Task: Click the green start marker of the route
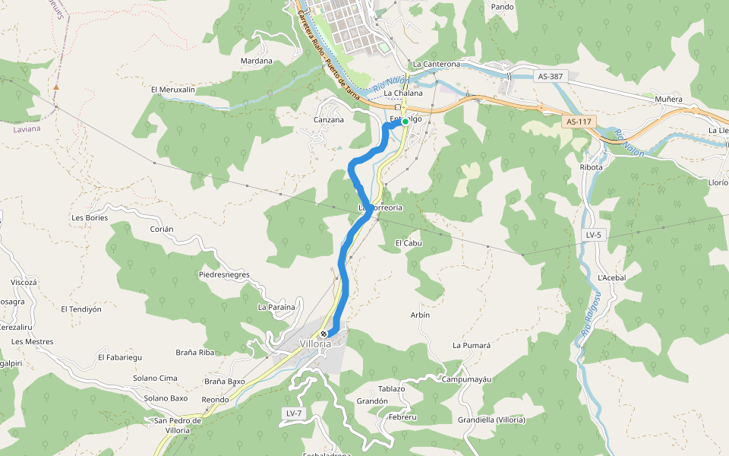(x=406, y=122)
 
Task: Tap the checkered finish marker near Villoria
(x=324, y=334)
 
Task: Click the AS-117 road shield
(x=579, y=122)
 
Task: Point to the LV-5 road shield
(x=594, y=235)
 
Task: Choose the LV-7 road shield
(x=294, y=413)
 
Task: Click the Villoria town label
(x=315, y=344)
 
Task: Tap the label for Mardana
(x=256, y=61)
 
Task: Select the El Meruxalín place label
(x=173, y=90)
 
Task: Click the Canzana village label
(x=329, y=119)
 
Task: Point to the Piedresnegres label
(x=224, y=274)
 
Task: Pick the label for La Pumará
(x=472, y=345)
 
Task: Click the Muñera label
(x=668, y=99)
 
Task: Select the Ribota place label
(x=591, y=167)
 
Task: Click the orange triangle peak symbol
(x=56, y=87)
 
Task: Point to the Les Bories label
(x=90, y=217)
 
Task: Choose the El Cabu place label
(x=408, y=243)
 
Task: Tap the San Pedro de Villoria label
(x=177, y=425)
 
